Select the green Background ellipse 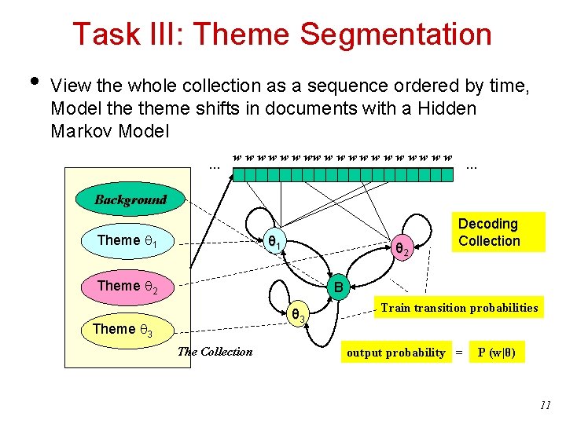pos(130,199)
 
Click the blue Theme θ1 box pos(127,241)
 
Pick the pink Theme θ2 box pos(128,286)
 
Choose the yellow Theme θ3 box pos(123,329)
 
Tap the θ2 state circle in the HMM pos(401,250)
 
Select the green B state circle pos(337,288)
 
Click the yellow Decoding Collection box pos(489,232)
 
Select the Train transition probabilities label pos(459,308)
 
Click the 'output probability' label pos(396,353)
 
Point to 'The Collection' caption pos(215,352)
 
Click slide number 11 pos(546,405)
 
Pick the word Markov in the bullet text pos(83,131)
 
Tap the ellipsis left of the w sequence pos(213,166)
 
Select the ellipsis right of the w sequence pos(472,166)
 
